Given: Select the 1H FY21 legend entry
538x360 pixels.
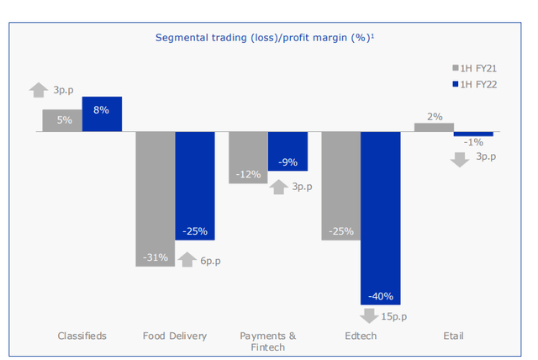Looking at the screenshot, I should click(476, 67).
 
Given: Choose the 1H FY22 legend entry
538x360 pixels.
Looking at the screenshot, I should click(476, 83).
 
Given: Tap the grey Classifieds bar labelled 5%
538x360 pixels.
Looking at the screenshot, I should click(62, 120).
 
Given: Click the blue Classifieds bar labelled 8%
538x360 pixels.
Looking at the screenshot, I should click(102, 114).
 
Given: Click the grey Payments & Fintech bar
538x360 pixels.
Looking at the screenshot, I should click(248, 157).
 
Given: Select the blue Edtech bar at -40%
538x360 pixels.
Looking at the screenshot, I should click(380, 218).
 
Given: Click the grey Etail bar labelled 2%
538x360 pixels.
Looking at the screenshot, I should click(434, 128).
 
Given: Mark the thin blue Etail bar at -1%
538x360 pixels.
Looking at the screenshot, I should click(473, 134).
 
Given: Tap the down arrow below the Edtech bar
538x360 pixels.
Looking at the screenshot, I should click(367, 316).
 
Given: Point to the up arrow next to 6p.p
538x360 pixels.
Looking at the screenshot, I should click(187, 260).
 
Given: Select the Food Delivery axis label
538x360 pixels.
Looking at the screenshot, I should click(175, 336).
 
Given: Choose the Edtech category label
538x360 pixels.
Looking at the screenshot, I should click(361, 336).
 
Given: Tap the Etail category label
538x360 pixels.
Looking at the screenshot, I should click(453, 336).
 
